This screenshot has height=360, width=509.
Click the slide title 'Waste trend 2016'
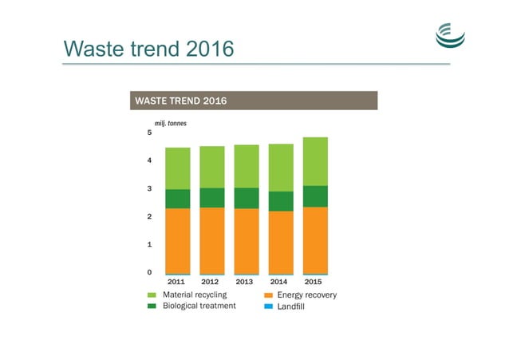(148, 49)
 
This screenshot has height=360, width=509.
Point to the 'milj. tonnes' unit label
(170, 124)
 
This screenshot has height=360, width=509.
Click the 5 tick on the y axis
(149, 133)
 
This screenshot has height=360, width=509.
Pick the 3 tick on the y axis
(149, 189)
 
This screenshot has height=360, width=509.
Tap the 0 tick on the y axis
(149, 273)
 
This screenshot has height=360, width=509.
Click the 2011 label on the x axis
(176, 282)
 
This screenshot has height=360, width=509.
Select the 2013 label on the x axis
(246, 282)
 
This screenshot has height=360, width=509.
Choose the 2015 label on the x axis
(314, 282)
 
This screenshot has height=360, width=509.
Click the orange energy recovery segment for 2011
(177, 240)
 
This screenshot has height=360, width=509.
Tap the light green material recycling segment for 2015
(315, 161)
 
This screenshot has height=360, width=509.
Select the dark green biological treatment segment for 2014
(281, 201)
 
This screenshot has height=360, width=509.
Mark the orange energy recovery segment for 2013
(247, 240)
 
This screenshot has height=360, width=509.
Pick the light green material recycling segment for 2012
(212, 167)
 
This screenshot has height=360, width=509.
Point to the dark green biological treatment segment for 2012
(212, 197)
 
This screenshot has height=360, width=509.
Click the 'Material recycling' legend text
(195, 295)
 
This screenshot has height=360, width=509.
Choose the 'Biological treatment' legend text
(199, 306)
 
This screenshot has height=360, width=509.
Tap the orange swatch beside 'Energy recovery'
(269, 295)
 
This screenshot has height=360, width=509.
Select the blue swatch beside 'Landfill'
(269, 307)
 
